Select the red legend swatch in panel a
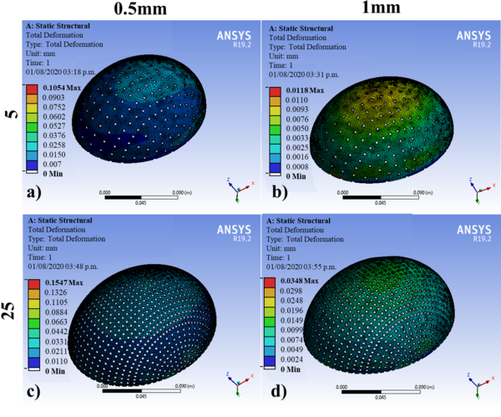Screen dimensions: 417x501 (x=32, y=89)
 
